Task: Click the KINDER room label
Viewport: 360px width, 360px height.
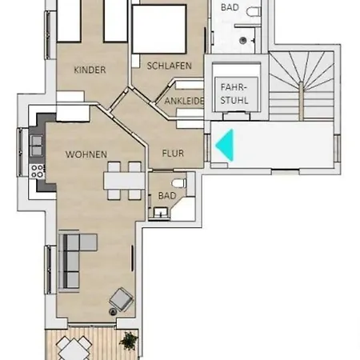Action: tap(90, 70)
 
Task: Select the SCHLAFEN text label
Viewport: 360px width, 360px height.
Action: tap(169, 66)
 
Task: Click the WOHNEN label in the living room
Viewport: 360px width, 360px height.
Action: tap(86, 154)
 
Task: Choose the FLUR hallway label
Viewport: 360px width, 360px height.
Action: tap(174, 152)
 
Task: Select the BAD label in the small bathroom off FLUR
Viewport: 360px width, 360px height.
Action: tap(167, 194)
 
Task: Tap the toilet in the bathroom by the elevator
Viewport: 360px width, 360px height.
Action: tap(253, 14)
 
